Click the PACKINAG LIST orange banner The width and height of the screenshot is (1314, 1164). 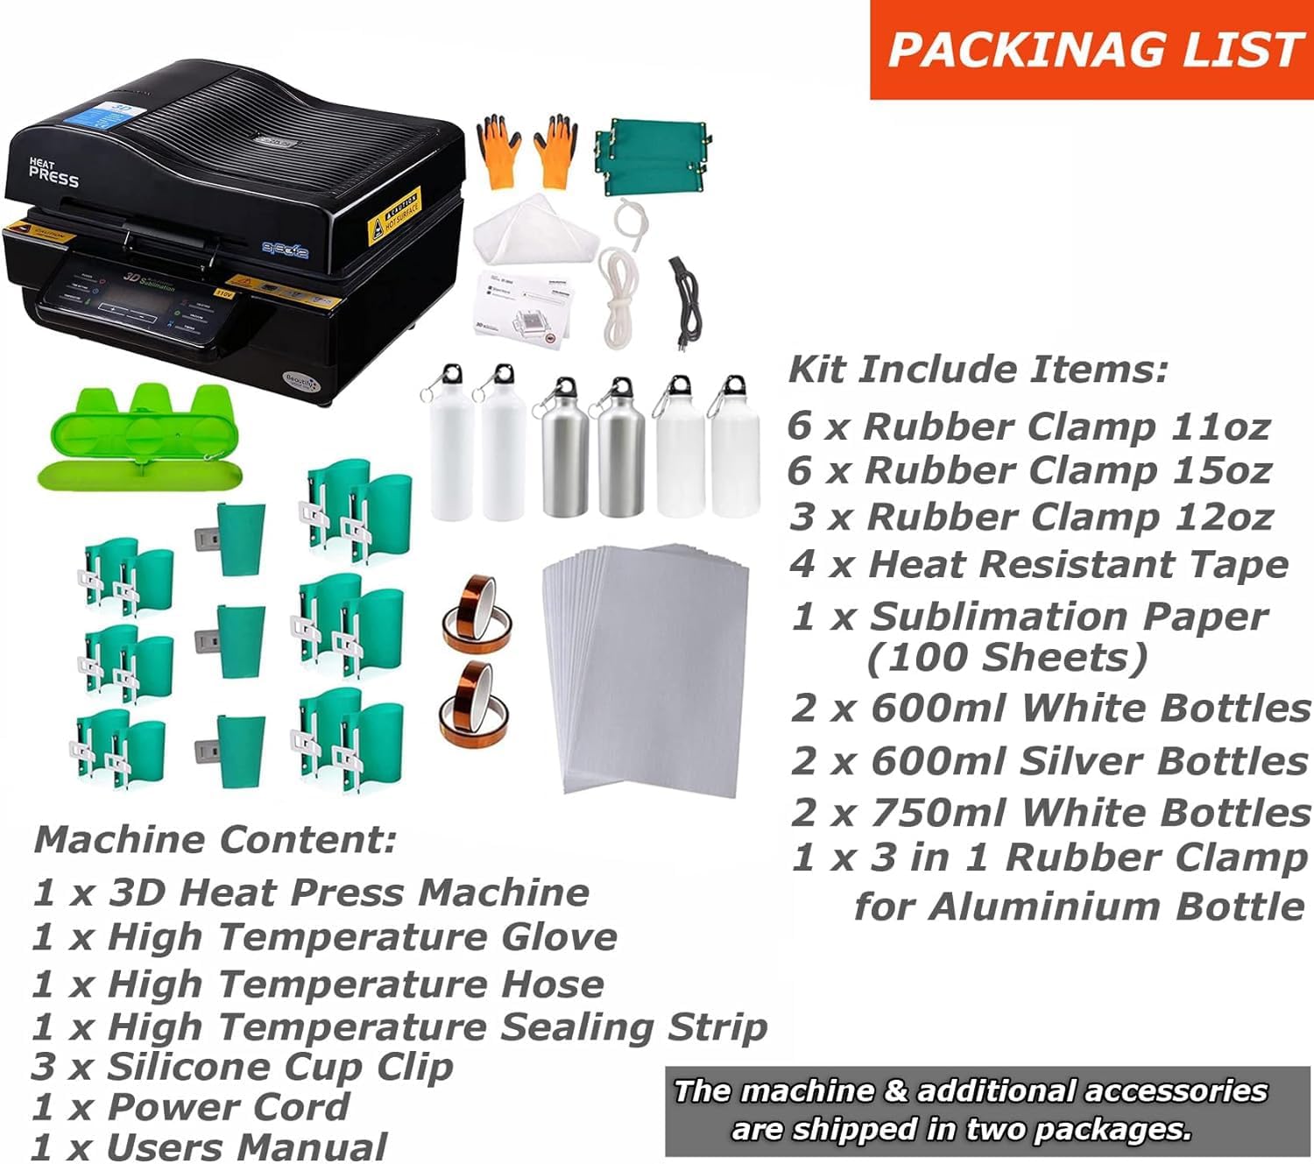point(1091,49)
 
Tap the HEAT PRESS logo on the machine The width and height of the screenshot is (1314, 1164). point(53,173)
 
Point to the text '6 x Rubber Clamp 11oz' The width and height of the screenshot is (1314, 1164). point(1028,427)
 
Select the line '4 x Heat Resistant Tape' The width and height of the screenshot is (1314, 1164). point(1039,564)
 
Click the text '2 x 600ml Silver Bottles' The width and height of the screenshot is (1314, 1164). point(1049,760)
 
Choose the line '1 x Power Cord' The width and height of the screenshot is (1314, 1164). point(191,1107)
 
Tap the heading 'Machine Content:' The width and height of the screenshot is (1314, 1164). point(215,840)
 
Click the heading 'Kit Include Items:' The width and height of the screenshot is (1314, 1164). point(978,370)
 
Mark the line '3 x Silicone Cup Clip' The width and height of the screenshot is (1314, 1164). point(243,1066)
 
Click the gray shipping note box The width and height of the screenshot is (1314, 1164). point(986,1110)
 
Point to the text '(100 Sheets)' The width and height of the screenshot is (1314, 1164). point(1007,658)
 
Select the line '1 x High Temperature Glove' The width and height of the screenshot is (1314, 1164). point(325,937)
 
